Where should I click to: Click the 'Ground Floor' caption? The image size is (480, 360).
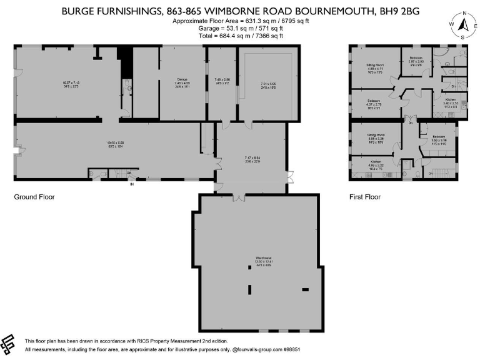tap(34, 197)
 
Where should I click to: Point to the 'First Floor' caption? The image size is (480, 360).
tap(364, 197)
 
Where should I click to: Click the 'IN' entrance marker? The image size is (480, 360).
tap(132, 184)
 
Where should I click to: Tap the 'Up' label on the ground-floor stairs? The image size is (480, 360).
tap(129, 172)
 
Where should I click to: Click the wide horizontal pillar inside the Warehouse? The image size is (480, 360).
tap(306, 289)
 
